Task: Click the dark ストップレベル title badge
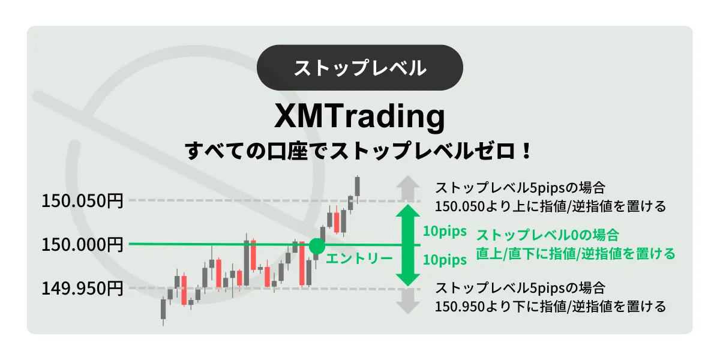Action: coord(359,67)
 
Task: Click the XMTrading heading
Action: coord(359,116)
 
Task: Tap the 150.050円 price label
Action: coord(82,201)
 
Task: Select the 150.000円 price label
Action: coord(82,244)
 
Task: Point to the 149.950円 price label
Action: coord(82,288)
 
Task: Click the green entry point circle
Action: coord(317,246)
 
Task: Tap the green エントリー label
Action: coord(359,259)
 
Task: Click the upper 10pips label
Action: coord(445,231)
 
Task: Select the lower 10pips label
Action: coord(445,260)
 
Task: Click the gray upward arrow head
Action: coord(408,182)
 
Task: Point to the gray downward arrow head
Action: coord(408,308)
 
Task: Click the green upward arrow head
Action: coord(408,211)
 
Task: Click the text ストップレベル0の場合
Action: coord(547,235)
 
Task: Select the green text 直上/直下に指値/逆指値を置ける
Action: coord(575,254)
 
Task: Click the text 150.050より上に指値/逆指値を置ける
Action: coord(550,206)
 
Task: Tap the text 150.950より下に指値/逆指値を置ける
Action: coord(550,307)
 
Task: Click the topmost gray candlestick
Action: coord(358,189)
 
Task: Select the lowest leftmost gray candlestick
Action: coord(163,310)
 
